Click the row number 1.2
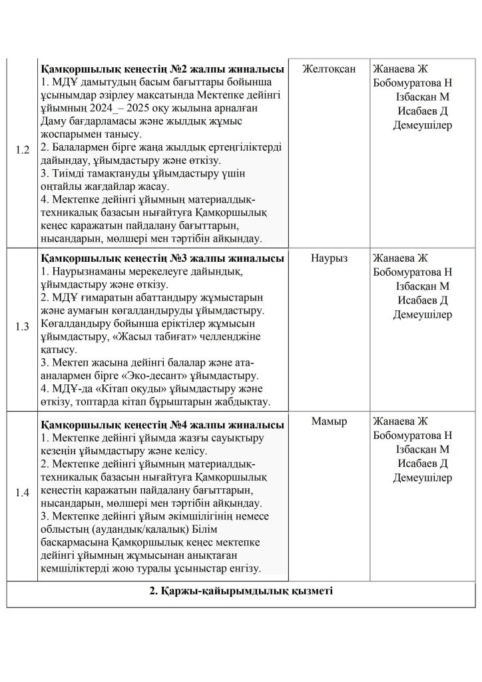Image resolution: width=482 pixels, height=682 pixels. (22, 150)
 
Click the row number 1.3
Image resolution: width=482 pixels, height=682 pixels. (22, 327)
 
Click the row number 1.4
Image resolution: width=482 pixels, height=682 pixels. (22, 493)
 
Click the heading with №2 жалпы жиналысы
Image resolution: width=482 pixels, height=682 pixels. (162, 70)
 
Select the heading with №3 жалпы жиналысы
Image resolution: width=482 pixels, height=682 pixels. (162, 258)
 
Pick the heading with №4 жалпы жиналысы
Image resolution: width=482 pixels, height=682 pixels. (162, 424)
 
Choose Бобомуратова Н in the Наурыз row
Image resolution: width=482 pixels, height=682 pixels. (413, 272)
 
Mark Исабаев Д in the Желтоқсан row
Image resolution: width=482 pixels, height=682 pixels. (422, 111)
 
